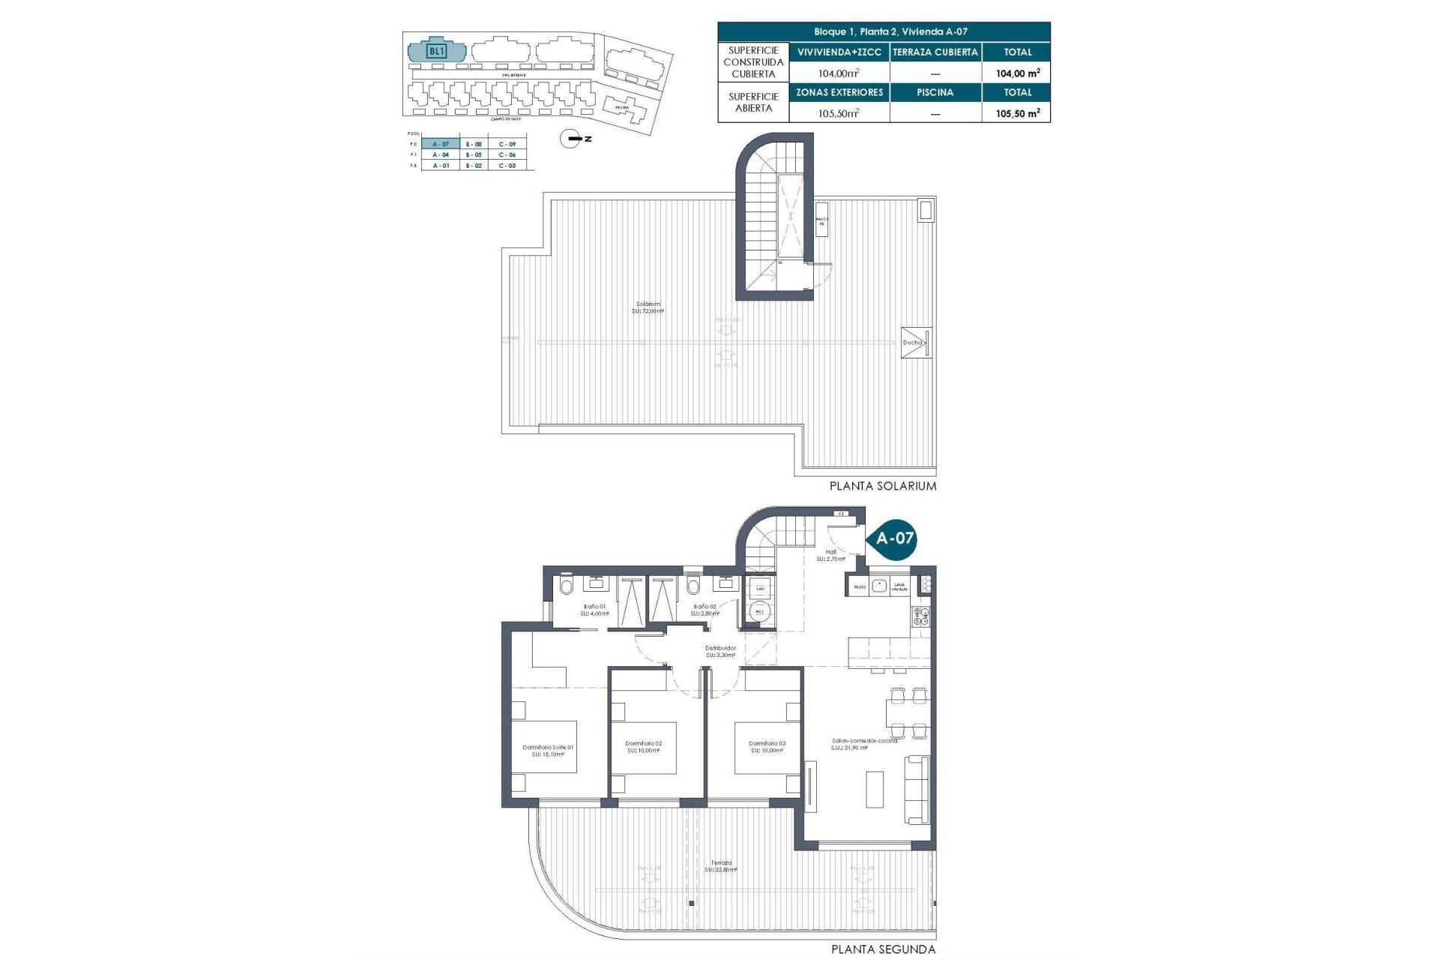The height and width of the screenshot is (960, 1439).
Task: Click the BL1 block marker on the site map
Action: (x=436, y=52)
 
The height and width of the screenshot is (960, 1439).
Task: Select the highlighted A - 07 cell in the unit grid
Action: (x=441, y=144)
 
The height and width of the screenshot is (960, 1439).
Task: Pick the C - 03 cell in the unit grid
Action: (x=507, y=166)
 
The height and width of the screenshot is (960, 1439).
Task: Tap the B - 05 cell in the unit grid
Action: (x=474, y=154)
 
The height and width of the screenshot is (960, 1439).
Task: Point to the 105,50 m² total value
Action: (x=1017, y=113)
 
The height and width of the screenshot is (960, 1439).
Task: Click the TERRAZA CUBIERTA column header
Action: (x=935, y=52)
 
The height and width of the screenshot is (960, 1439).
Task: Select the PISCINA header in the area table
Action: (x=935, y=93)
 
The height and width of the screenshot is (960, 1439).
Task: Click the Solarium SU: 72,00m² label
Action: (x=648, y=307)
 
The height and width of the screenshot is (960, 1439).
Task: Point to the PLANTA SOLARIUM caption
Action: (x=882, y=486)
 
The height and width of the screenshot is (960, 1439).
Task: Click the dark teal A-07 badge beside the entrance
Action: (x=894, y=538)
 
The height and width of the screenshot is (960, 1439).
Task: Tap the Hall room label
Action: (x=830, y=555)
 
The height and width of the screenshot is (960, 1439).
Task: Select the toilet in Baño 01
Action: (x=567, y=586)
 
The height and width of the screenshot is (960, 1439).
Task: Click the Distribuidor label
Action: (x=720, y=651)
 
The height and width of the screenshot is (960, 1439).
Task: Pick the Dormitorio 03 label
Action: (x=767, y=747)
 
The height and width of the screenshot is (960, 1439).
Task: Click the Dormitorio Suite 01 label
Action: (x=548, y=750)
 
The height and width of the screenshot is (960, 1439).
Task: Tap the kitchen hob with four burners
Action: (x=920, y=616)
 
